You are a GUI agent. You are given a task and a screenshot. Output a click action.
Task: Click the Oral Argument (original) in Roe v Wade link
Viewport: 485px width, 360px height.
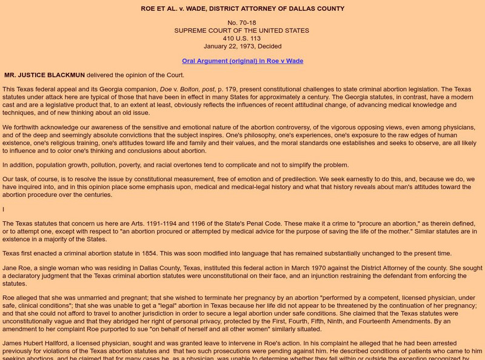point(242,61)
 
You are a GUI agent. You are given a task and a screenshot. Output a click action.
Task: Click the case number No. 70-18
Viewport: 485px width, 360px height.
point(242,22)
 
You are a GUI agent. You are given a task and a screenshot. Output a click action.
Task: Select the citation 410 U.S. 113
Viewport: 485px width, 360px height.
point(242,38)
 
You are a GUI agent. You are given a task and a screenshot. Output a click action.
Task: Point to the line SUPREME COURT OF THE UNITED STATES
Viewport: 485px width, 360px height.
point(242,30)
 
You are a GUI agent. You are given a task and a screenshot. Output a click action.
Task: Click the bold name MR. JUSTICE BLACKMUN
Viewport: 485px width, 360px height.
point(44,75)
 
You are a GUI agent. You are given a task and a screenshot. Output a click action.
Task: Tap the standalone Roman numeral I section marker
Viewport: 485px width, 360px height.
point(3,209)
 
